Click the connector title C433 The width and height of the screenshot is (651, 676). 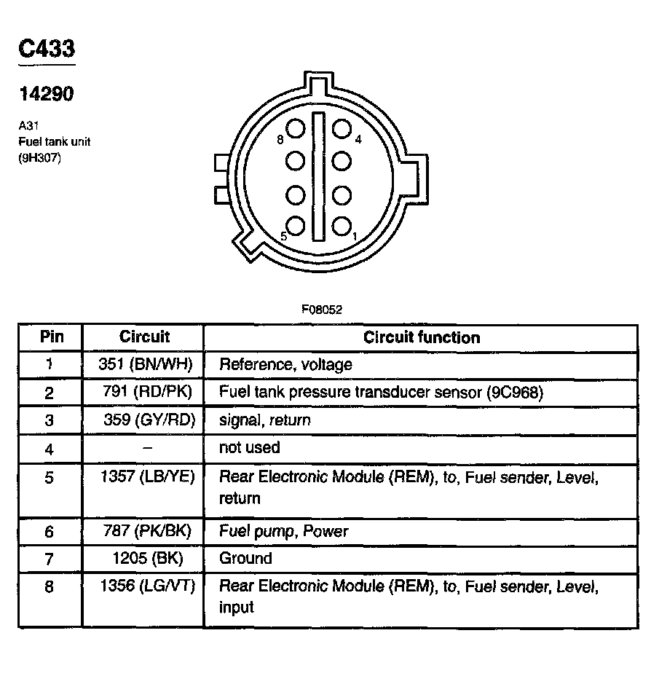pyautogui.click(x=47, y=50)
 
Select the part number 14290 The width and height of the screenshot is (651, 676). pyautogui.click(x=46, y=94)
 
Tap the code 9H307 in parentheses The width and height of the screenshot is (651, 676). pyautogui.click(x=40, y=155)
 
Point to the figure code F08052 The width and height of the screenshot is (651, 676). pyautogui.click(x=322, y=309)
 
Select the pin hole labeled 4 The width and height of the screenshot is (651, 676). pyautogui.click(x=342, y=129)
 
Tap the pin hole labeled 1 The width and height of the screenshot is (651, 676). pyautogui.click(x=342, y=226)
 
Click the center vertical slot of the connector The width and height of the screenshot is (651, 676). pyautogui.click(x=318, y=176)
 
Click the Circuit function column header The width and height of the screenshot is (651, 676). pyautogui.click(x=422, y=337)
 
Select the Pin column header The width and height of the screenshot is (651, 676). pyautogui.click(x=51, y=337)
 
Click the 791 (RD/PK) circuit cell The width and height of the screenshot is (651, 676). pyautogui.click(x=148, y=393)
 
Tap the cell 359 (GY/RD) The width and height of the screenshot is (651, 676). pyautogui.click(x=149, y=420)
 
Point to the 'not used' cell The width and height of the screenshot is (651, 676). pyautogui.click(x=249, y=447)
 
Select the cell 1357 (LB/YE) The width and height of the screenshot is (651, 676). pyautogui.click(x=145, y=477)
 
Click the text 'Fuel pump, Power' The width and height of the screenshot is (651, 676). pyautogui.click(x=284, y=531)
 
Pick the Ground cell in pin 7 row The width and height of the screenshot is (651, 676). pyautogui.click(x=245, y=559)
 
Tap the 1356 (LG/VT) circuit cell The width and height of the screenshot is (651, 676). pyautogui.click(x=146, y=586)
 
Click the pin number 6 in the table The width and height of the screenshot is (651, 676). pyautogui.click(x=50, y=532)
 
